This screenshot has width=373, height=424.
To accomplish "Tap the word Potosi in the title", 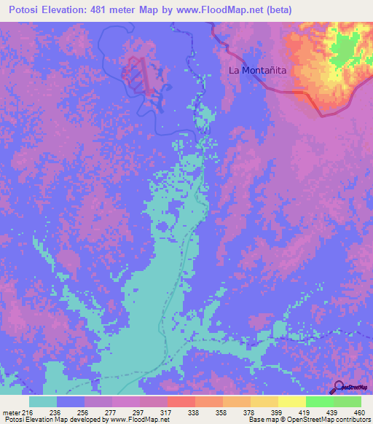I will pos(23,10).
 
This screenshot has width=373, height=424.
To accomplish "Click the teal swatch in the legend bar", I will pos(43,401).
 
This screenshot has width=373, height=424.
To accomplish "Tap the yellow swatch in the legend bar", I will pos(291,401).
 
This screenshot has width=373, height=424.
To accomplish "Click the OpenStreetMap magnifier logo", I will pos(337,387).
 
